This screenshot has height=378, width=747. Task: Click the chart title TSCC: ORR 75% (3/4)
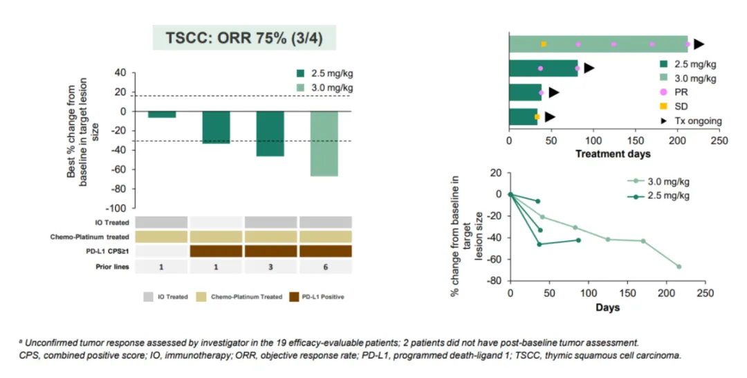[x=244, y=37]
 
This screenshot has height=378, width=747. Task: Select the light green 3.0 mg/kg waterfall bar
[x=324, y=144]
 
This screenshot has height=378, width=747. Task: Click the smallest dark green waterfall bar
[x=161, y=114]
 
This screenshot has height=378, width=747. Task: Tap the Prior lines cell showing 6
[x=325, y=267]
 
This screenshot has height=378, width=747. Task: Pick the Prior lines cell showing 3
[x=270, y=267]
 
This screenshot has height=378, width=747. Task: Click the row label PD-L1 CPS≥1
[x=106, y=251]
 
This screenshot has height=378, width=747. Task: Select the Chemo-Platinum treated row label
[x=88, y=237]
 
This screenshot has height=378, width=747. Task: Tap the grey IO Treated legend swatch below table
[x=149, y=296]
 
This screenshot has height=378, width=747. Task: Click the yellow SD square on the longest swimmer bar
[x=544, y=44]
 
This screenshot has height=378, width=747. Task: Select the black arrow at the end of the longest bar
[x=699, y=44]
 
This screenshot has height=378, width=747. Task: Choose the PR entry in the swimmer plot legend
[x=681, y=91]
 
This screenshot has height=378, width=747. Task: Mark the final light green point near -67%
[x=679, y=267]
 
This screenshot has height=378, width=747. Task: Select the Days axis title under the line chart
[x=608, y=307]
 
